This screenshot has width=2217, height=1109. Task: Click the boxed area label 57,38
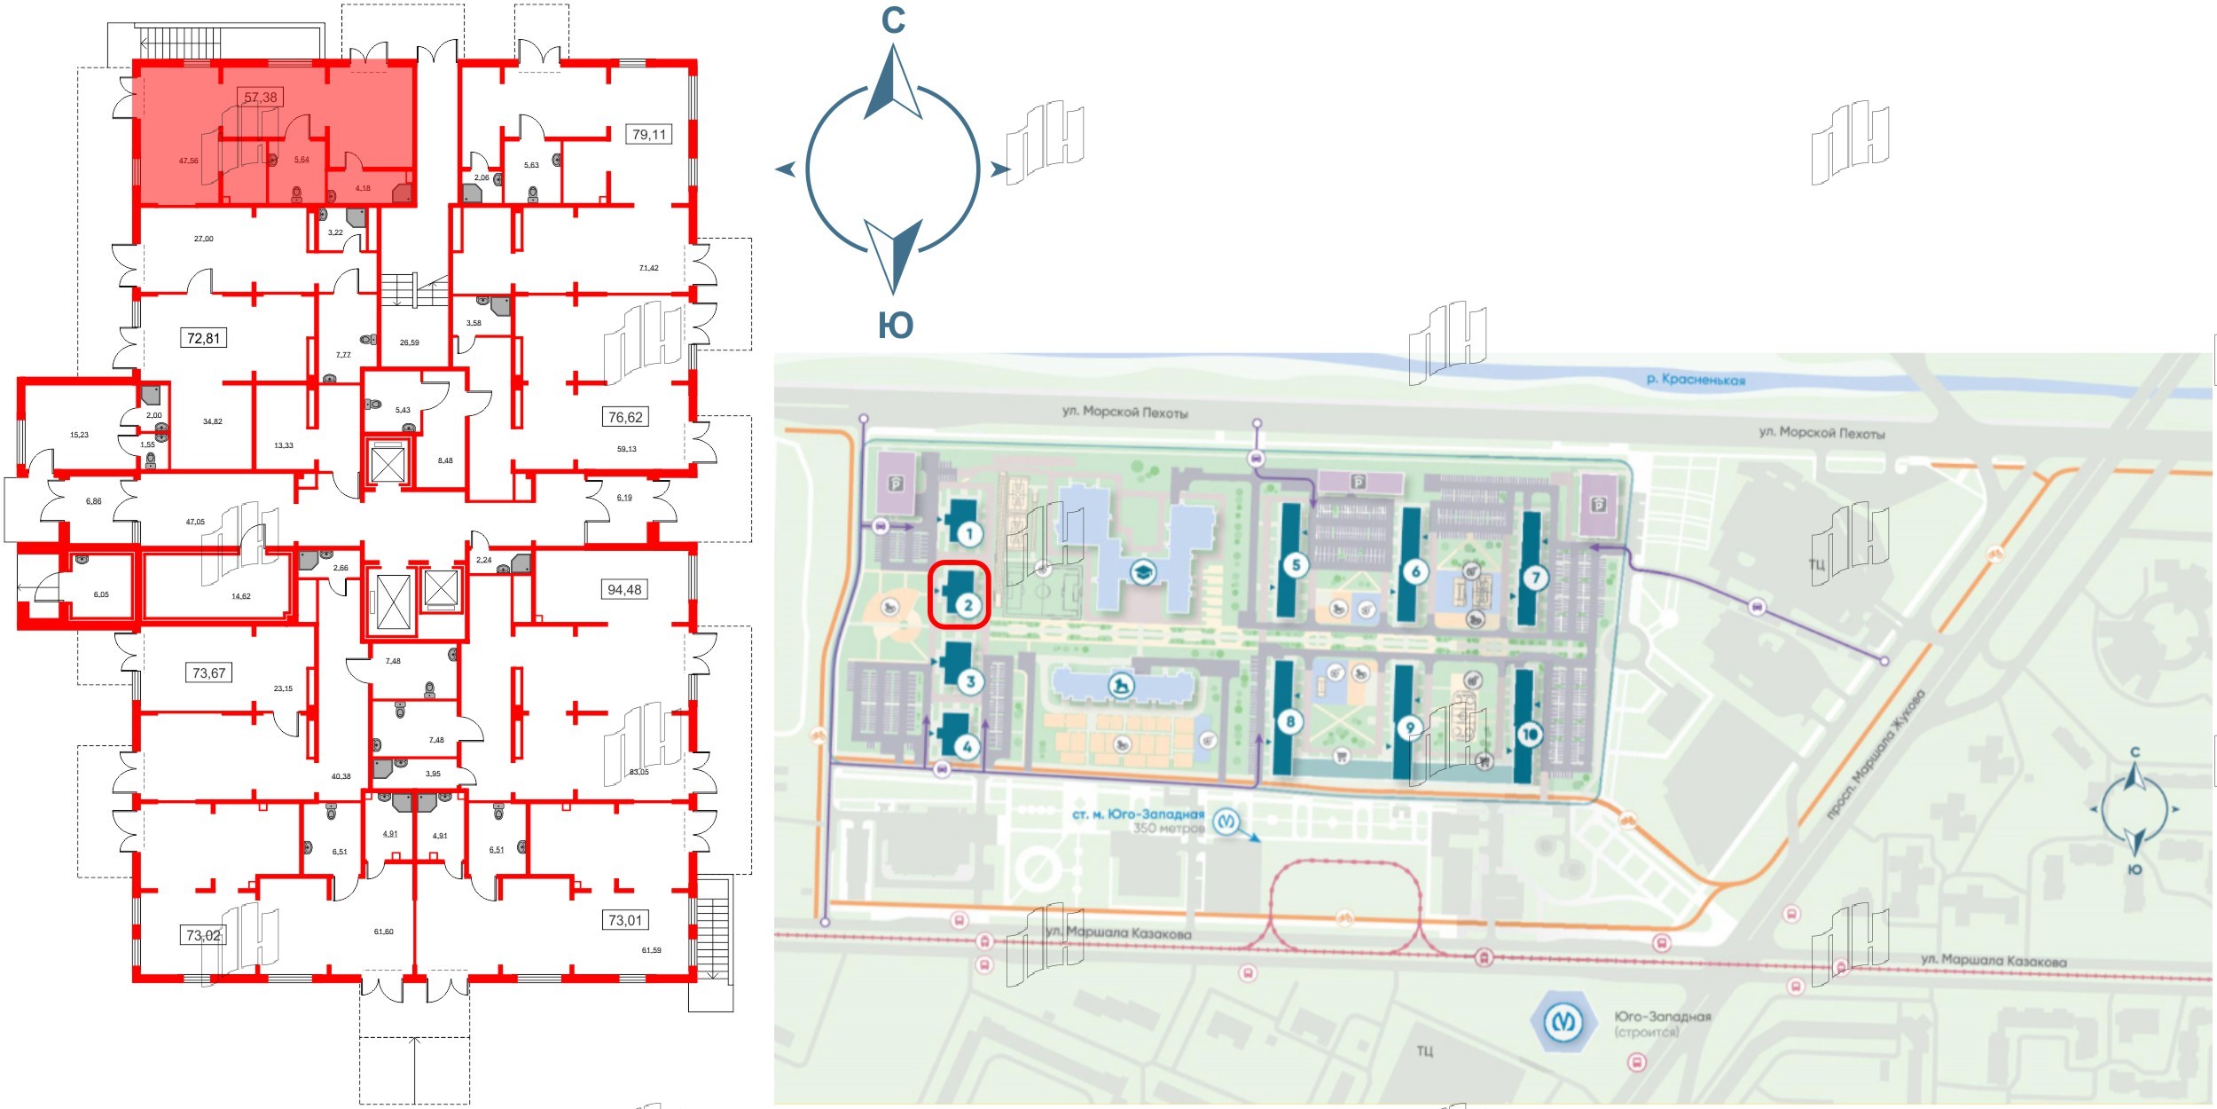click(x=261, y=97)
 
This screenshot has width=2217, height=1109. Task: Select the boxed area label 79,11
click(x=648, y=135)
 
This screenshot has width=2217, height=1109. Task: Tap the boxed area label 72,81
click(x=203, y=338)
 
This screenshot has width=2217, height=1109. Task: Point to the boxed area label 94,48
click(x=624, y=589)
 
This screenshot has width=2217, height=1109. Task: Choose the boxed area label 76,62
click(x=624, y=417)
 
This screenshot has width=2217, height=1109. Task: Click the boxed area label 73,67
click(x=209, y=672)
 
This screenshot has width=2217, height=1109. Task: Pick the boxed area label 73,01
click(x=624, y=920)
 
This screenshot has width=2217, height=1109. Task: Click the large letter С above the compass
click(x=893, y=20)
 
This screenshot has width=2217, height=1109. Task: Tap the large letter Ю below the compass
click(x=895, y=326)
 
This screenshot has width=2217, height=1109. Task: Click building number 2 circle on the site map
click(x=967, y=605)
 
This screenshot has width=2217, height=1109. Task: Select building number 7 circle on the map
click(x=1535, y=578)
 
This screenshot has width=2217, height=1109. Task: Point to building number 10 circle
click(x=1530, y=734)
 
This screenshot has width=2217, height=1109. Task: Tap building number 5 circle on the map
click(x=1296, y=565)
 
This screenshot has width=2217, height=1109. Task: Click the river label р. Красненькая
click(x=1695, y=380)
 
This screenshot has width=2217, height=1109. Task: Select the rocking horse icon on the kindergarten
click(x=1122, y=686)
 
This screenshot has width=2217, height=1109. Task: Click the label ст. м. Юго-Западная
click(x=1138, y=814)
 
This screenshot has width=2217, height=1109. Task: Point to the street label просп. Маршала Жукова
click(x=1877, y=756)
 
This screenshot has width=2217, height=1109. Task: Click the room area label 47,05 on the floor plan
click(x=195, y=523)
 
